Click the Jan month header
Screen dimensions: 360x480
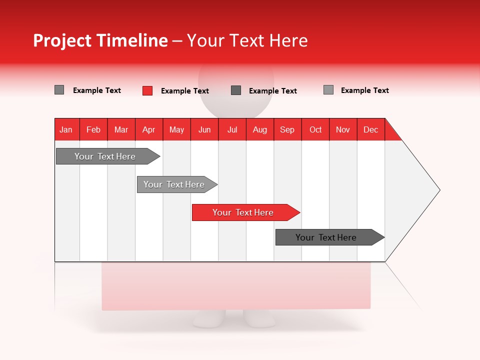pos(66,129)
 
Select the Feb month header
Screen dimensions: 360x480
pos(93,129)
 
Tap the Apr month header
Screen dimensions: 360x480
pos(149,129)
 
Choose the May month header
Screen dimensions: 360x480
pos(176,129)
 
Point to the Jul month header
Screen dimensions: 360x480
pos(232,129)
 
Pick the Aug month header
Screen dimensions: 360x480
pos(260,129)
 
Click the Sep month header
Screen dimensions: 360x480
pos(287,129)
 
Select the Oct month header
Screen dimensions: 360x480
pos(315,129)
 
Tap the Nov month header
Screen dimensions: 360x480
pos(343,129)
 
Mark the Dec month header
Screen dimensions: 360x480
pos(371,129)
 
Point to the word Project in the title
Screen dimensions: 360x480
pos(62,40)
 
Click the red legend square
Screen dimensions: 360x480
pos(147,90)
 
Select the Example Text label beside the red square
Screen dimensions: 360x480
pos(185,91)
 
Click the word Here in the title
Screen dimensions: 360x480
pos(288,40)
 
